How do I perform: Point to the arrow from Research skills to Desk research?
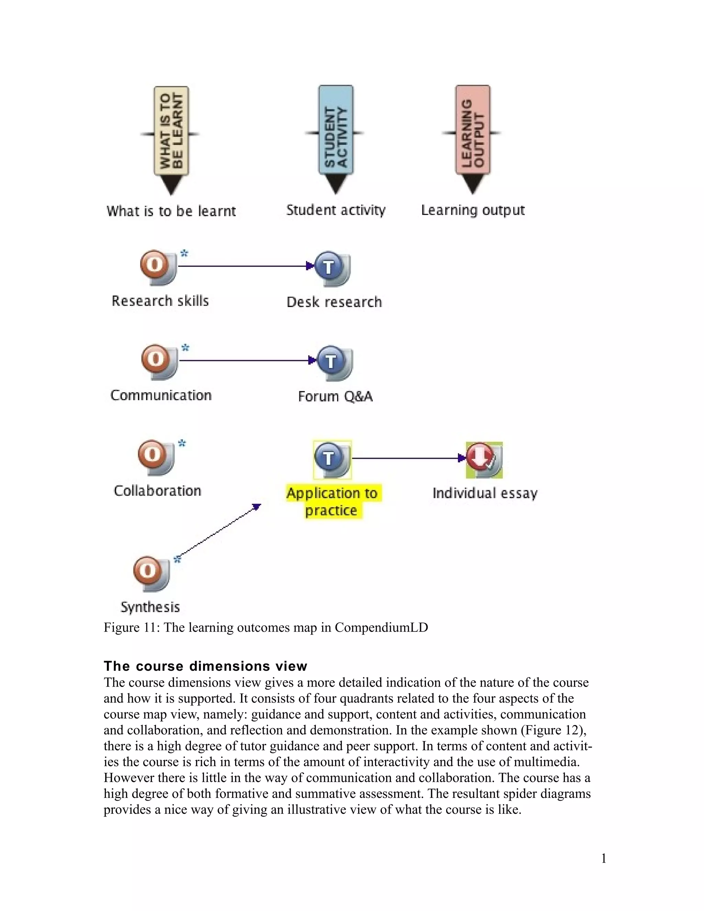[244, 266]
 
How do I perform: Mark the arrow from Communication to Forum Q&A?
[246, 360]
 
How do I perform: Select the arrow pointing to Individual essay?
[407, 458]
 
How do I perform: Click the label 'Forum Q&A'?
[335, 396]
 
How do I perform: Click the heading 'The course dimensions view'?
[205, 666]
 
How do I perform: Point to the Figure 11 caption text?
[266, 628]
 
